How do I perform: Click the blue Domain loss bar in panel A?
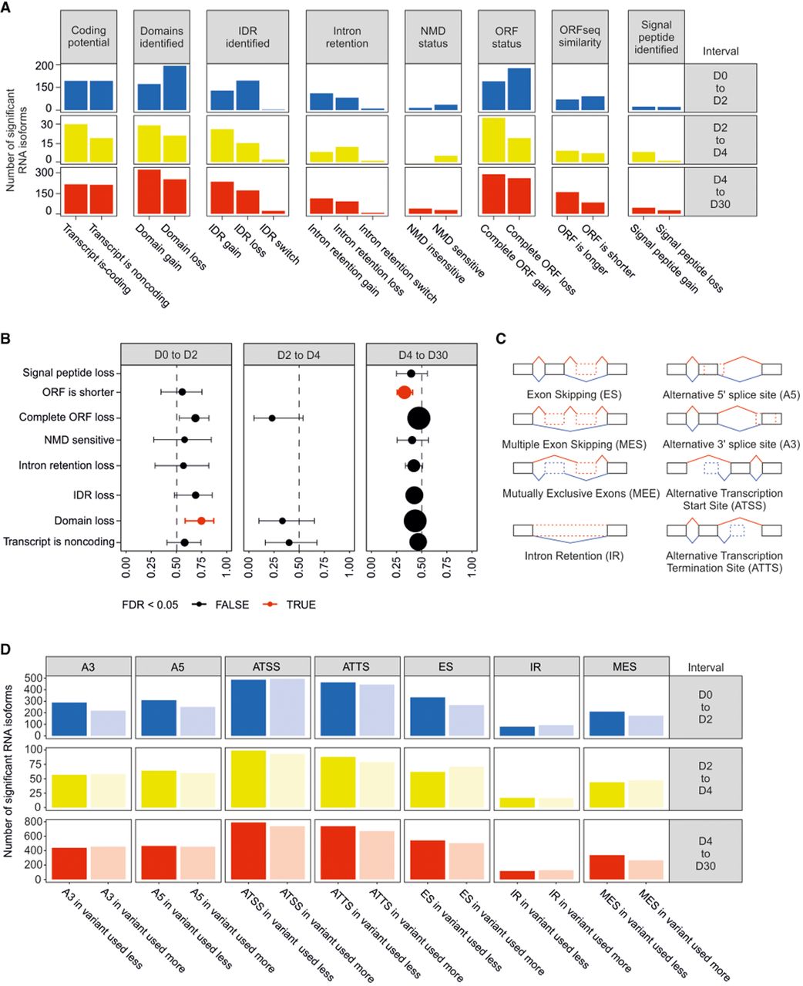[175, 88]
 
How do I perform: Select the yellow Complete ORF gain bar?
[494, 139]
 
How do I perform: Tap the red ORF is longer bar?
[567, 203]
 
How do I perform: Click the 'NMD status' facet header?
[433, 37]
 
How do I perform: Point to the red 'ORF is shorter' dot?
[404, 392]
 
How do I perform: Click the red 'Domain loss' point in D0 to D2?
[201, 521]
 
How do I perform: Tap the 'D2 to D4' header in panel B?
[299, 355]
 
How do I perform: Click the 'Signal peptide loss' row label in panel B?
[69, 373]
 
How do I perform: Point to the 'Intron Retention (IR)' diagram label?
[574, 555]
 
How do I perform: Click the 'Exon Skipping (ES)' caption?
[574, 394]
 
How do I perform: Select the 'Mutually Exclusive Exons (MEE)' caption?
[581, 494]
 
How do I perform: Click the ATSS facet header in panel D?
[267, 666]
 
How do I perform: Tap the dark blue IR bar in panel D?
[517, 731]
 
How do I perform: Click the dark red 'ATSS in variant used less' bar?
[248, 850]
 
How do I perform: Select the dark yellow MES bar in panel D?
[606, 795]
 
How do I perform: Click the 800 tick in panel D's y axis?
[35, 822]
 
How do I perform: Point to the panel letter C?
[501, 339]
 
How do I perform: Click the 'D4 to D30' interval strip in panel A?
[721, 192]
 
